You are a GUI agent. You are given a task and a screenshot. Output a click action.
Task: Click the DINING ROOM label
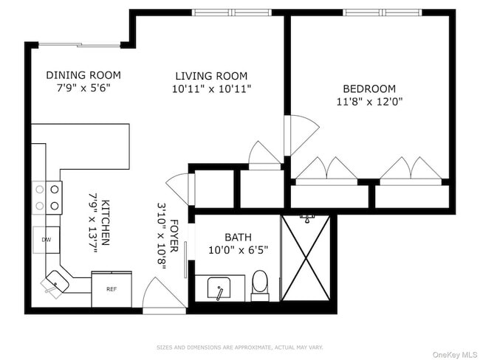[x=83, y=75]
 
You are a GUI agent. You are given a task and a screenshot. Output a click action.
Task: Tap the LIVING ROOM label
[x=211, y=76]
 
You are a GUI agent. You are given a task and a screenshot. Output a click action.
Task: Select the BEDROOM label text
[x=369, y=89]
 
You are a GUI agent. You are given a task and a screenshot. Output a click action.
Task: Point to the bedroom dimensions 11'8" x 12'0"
[x=369, y=102]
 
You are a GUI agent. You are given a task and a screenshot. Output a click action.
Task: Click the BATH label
[x=239, y=238]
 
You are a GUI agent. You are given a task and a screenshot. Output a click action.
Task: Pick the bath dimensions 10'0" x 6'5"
[x=239, y=250]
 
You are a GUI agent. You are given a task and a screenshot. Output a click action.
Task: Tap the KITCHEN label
[x=105, y=223]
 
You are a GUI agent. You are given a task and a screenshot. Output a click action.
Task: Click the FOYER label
[x=174, y=236]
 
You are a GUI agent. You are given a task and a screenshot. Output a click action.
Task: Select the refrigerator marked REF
[x=112, y=289]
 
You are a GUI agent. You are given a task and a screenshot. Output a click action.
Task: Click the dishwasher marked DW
[x=47, y=240]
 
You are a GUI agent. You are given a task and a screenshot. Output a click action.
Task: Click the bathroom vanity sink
[x=219, y=288]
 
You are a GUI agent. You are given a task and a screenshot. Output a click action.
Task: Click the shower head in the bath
[x=307, y=218]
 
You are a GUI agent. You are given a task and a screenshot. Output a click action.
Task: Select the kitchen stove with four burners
[x=47, y=198]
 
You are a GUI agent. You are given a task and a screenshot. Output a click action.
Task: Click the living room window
[x=232, y=13]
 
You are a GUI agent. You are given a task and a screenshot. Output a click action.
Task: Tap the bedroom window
[x=382, y=13]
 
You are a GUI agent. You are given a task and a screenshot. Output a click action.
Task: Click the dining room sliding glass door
[x=80, y=45]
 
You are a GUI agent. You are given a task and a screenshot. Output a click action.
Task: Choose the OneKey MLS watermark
[x=455, y=355]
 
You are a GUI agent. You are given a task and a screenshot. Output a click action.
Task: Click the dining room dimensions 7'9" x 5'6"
[x=83, y=88]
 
